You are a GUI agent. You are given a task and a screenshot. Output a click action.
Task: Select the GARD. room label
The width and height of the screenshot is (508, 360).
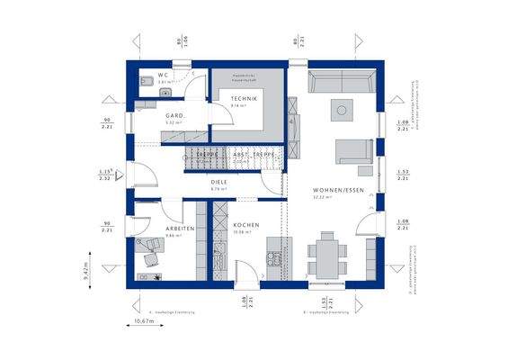pos(174,117)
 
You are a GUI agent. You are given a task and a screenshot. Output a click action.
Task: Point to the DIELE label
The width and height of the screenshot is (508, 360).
pos(218,181)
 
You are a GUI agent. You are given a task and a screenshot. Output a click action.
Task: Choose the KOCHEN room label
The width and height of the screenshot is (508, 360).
pos(245,225)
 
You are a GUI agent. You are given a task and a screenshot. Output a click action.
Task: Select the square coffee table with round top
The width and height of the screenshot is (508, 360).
pos(341,111)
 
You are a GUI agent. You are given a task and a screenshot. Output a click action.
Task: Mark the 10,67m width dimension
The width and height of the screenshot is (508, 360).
pos(143,320)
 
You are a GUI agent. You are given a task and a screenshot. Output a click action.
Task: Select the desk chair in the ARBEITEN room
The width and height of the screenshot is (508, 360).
pos(151,258)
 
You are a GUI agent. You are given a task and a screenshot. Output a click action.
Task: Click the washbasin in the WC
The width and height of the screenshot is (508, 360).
pos(165,92)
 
